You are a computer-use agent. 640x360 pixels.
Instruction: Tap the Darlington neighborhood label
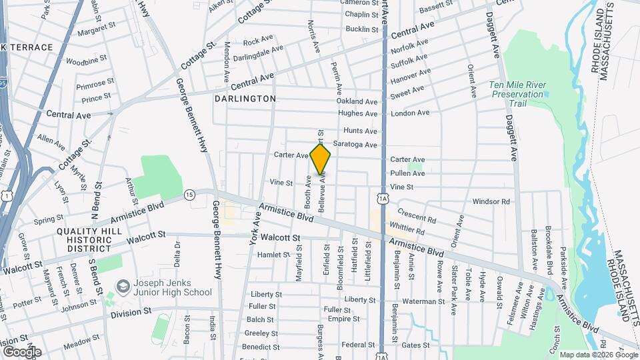click(245, 99)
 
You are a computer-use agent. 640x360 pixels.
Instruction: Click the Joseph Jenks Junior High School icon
click(123, 286)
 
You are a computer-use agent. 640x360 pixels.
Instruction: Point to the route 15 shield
click(189, 194)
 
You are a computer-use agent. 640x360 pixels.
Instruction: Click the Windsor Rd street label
click(491, 201)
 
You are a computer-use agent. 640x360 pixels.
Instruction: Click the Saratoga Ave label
click(361, 145)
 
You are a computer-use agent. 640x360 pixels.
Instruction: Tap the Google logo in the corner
click(22, 352)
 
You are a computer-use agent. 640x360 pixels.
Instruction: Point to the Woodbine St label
click(87, 61)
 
